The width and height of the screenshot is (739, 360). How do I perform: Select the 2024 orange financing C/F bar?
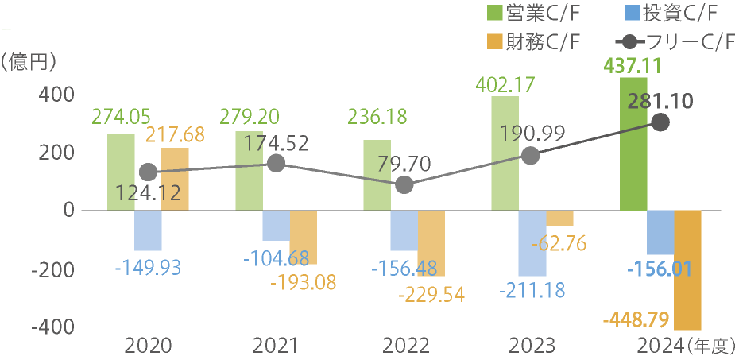pos(688,270)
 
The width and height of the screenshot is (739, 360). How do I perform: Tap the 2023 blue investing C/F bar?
pos(532,243)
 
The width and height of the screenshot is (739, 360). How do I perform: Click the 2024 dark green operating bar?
pos(633,144)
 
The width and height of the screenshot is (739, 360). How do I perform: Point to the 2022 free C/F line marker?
pos(404,185)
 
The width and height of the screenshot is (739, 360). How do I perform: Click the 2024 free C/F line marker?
pos(660,122)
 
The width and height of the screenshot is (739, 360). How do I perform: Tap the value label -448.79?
pos(636,321)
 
